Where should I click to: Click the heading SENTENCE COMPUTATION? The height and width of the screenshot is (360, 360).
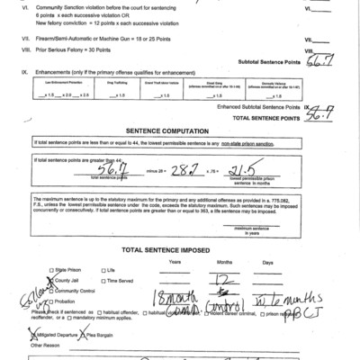pos(181,130)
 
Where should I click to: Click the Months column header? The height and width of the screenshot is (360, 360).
pos(226,260)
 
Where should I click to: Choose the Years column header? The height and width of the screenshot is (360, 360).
pos(175,260)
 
